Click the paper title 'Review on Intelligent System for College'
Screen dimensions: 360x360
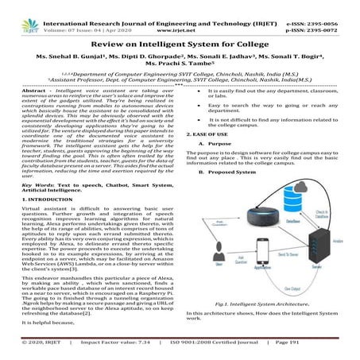[x=180, y=48]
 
